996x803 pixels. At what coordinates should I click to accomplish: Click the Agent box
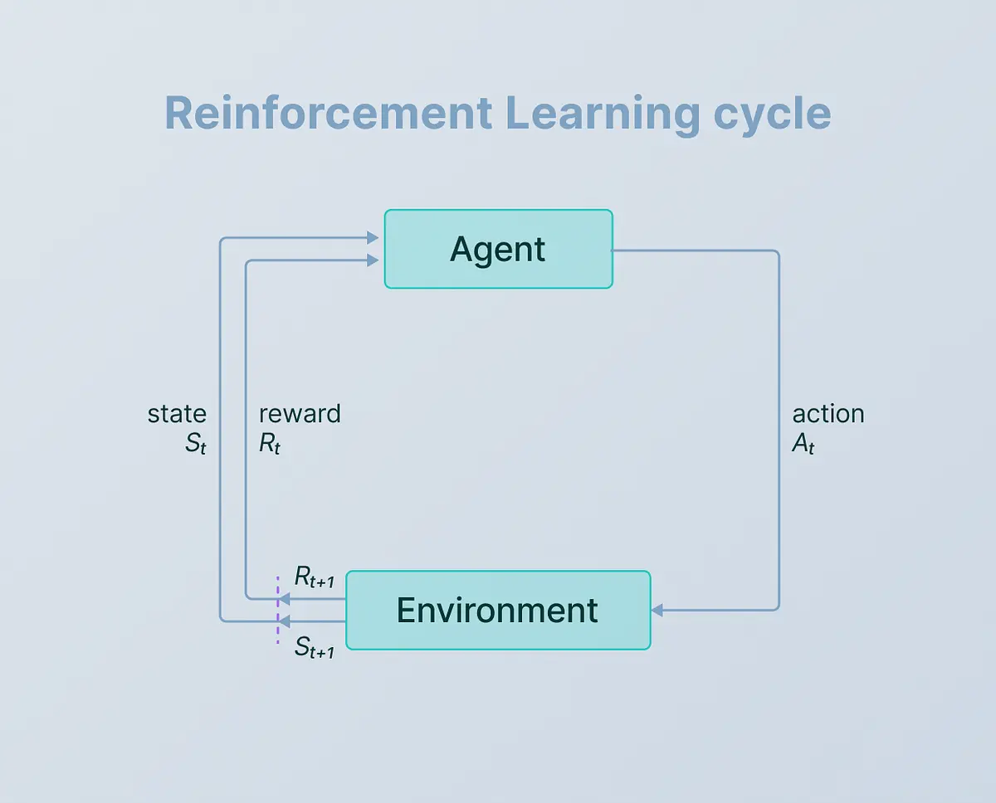coord(499,249)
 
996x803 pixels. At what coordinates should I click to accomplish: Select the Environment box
coord(499,610)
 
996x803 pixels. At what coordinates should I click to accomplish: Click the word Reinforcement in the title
coord(328,114)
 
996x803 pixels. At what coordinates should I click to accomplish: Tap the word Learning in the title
coord(602,115)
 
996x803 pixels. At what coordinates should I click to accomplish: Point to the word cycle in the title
coord(772,115)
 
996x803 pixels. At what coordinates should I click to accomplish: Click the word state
coord(177,414)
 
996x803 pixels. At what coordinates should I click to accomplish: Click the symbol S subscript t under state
coord(195,444)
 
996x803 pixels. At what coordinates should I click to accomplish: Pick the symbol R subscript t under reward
coord(270,444)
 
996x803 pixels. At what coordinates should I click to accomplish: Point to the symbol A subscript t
coord(803,444)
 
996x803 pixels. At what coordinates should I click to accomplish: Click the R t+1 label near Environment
coord(315,577)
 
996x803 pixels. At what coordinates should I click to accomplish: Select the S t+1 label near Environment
coord(315,647)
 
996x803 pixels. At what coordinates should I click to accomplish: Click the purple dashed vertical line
coord(278,610)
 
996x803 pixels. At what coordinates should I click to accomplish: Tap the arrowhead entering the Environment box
coord(657,610)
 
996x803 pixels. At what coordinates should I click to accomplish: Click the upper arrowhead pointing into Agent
coord(373,238)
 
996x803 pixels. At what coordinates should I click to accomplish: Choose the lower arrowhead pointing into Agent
coord(373,260)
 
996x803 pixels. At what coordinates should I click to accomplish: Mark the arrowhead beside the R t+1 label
coord(284,599)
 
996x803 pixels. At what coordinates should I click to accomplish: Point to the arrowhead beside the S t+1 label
coord(284,621)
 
